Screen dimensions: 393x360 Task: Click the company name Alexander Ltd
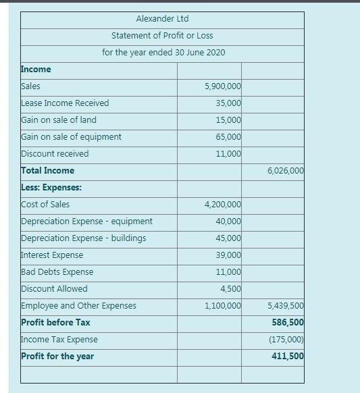click(161, 19)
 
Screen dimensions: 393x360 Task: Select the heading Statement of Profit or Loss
click(162, 35)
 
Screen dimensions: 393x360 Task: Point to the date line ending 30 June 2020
click(163, 52)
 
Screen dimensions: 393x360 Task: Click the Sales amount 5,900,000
click(222, 86)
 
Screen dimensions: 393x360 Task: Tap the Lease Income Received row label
click(65, 103)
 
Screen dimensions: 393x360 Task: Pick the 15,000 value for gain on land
click(228, 120)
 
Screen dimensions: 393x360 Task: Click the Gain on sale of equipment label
click(72, 137)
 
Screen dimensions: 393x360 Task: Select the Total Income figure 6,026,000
click(286, 171)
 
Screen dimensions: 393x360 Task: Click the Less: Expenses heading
click(51, 188)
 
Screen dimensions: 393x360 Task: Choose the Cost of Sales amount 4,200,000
click(222, 205)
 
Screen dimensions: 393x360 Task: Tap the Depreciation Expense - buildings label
click(84, 238)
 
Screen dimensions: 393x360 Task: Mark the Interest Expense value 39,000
click(228, 255)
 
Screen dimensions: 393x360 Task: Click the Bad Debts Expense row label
click(57, 272)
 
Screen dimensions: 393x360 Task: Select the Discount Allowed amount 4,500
click(230, 289)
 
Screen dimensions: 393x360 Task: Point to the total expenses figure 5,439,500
click(286, 306)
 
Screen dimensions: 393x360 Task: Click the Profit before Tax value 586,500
click(290, 323)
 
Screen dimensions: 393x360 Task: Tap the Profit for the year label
click(57, 357)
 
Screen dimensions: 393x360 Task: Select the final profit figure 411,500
click(290, 357)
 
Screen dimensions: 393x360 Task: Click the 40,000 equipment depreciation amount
click(228, 221)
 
